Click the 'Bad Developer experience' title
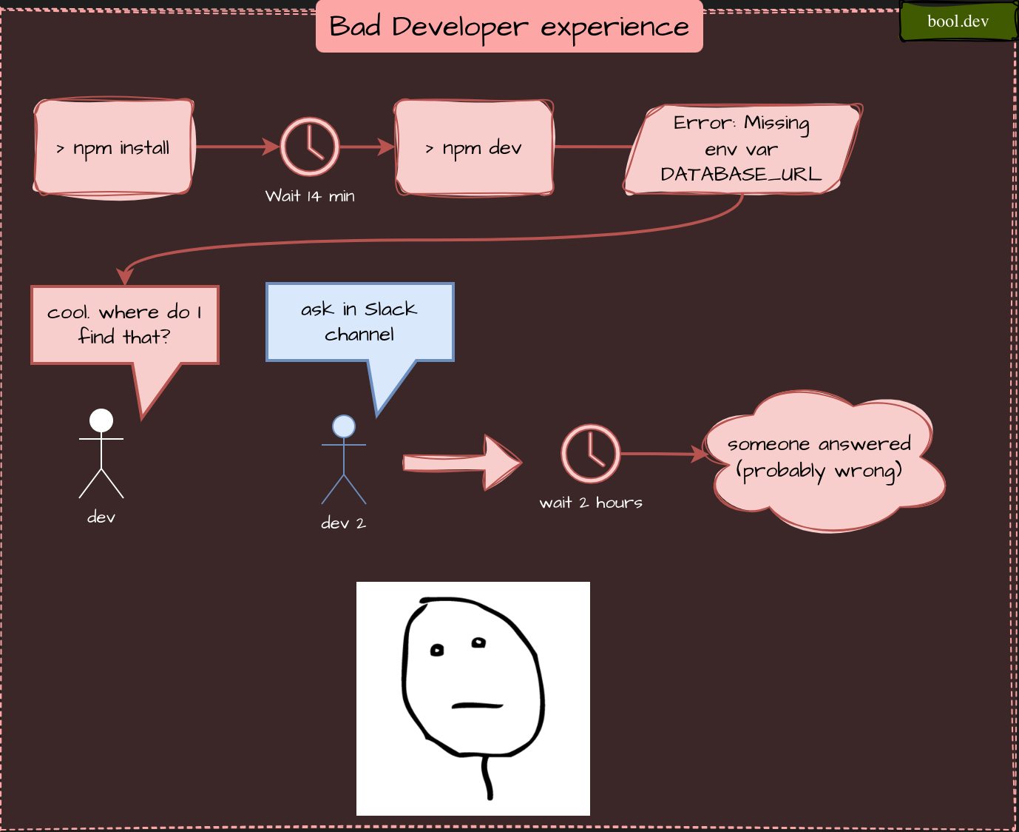click(x=509, y=27)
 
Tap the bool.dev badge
click(x=958, y=21)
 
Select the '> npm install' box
click(x=114, y=147)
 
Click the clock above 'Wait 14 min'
click(x=310, y=147)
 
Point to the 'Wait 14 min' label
click(x=310, y=196)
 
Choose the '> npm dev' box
click(x=474, y=148)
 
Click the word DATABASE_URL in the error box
click(x=740, y=174)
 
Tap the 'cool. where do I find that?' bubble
click(x=124, y=324)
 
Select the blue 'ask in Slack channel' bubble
click(x=359, y=321)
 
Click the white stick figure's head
click(x=101, y=420)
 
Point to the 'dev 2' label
click(x=343, y=523)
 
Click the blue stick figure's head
click(x=344, y=426)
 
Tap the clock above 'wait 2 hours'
click(x=590, y=454)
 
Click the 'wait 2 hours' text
click(x=590, y=503)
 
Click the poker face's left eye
click(x=437, y=651)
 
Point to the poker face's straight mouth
click(x=477, y=705)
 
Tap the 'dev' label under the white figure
click(x=101, y=517)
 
